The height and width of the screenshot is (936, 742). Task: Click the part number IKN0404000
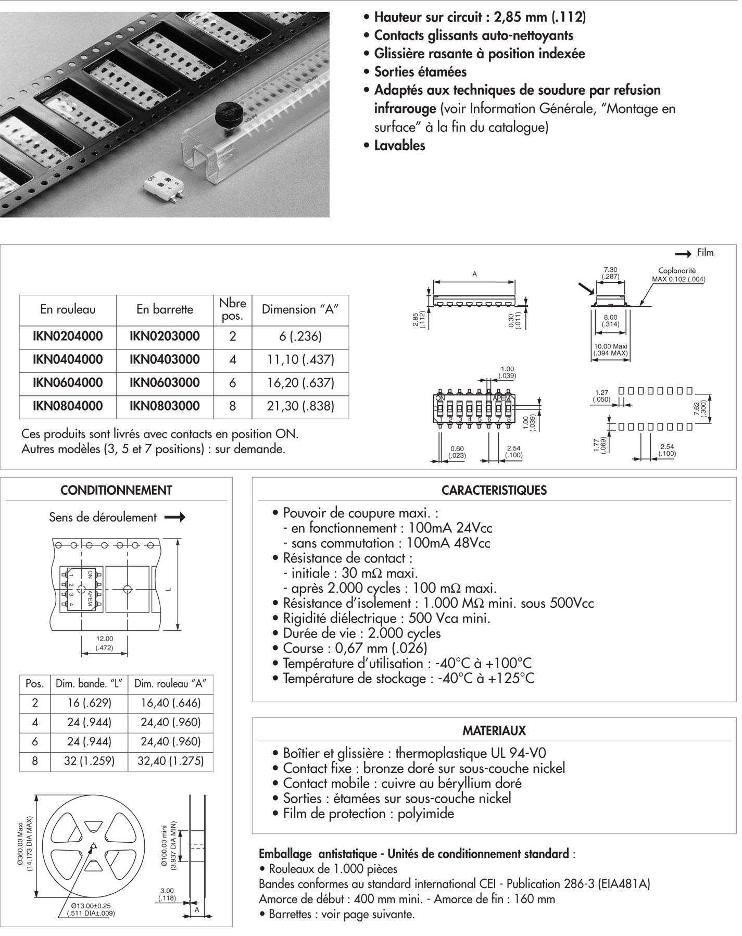coord(68,360)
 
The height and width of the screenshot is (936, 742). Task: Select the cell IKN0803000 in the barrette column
coord(165,406)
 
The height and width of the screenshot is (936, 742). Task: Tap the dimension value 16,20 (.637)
coord(300,383)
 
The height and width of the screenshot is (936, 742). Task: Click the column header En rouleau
coord(68,310)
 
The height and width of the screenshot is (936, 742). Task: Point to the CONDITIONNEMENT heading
coord(116,491)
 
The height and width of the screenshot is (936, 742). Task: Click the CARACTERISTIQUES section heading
coord(494,491)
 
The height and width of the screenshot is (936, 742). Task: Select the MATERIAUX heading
coord(494,731)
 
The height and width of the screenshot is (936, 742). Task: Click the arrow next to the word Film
coord(683,254)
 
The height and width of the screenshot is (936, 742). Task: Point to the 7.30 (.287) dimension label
coord(610,273)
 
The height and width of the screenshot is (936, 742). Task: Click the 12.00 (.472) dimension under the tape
coord(105,643)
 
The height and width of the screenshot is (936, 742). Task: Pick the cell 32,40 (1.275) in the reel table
coord(171,762)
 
